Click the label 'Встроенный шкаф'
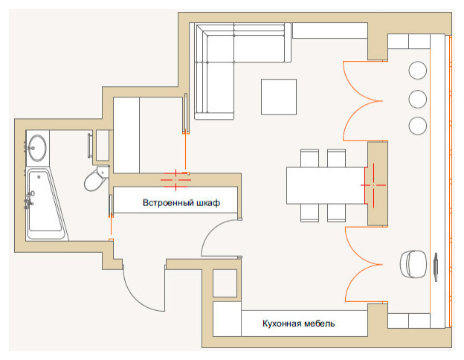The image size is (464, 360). point(181,202)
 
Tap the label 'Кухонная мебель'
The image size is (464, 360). point(298,324)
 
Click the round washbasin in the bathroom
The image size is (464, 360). point(36,146)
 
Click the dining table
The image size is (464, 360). point(326,185)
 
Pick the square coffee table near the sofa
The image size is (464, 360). point(279,97)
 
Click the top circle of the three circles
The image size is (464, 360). point(418,71)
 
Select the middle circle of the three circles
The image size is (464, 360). point(418,98)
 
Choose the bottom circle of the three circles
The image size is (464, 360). point(418,124)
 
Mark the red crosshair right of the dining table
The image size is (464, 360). point(373,183)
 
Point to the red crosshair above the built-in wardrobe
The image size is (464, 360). point(176,177)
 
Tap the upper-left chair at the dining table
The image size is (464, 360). point(309,158)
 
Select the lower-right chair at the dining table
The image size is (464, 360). point(336,213)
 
